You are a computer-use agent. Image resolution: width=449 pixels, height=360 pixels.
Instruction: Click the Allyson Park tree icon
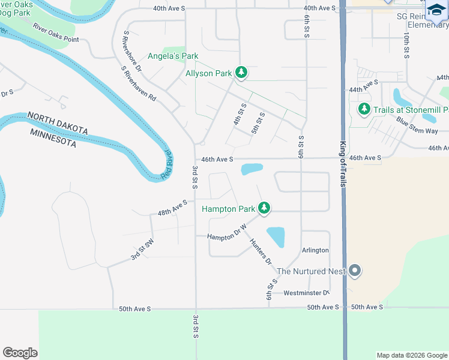click(241, 73)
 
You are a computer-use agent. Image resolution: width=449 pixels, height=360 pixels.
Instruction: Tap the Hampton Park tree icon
click(264, 209)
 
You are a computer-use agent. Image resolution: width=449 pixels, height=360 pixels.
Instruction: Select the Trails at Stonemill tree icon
click(364, 110)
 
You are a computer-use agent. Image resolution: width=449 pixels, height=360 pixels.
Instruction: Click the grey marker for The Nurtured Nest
click(355, 271)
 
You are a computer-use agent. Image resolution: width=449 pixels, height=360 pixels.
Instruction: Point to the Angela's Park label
click(173, 56)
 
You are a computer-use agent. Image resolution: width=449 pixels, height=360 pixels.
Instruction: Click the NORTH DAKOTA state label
click(58, 123)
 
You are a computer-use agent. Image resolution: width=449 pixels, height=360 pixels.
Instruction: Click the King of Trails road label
click(344, 164)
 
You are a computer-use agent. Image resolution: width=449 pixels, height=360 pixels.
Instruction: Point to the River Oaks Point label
click(56, 33)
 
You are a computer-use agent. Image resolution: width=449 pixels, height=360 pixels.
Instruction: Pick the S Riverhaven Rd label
click(139, 83)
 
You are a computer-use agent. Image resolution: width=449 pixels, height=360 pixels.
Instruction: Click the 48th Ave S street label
click(172, 208)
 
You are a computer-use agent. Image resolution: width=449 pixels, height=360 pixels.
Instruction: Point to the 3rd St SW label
click(143, 250)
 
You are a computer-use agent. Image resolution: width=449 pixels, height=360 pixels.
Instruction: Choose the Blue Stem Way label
click(417, 126)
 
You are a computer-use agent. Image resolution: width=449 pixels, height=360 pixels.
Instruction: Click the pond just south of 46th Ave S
click(252, 169)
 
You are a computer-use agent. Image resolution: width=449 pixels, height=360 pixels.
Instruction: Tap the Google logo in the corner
click(20, 353)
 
